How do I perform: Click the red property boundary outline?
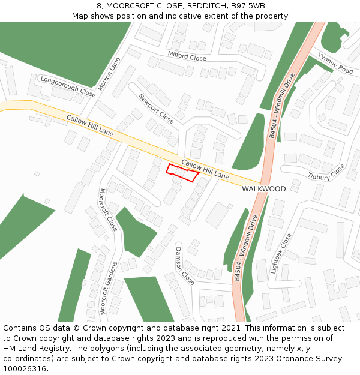[x=182, y=173]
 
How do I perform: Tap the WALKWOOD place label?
[x=263, y=189]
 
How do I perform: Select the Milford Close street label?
[x=187, y=56]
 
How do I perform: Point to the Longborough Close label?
[x=68, y=87]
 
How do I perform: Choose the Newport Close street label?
[x=156, y=109]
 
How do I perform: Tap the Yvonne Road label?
[x=335, y=62]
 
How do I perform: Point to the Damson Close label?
[x=185, y=265]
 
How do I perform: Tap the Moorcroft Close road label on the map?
[x=108, y=210]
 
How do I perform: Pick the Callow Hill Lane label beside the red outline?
[x=205, y=170]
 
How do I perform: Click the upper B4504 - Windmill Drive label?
[x=282, y=106]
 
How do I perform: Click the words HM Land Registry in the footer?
[x=36, y=349]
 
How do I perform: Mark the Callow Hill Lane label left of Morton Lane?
[x=90, y=125]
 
